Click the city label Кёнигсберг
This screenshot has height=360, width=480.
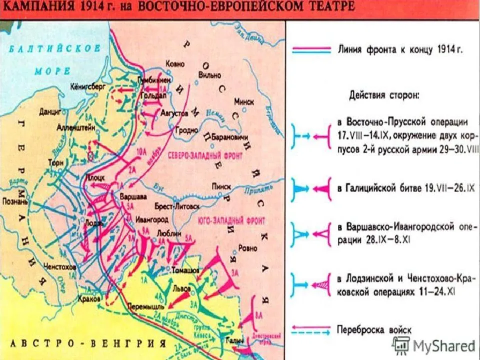coord(88,86)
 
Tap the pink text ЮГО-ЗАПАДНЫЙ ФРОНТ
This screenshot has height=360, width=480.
coord(238,220)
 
